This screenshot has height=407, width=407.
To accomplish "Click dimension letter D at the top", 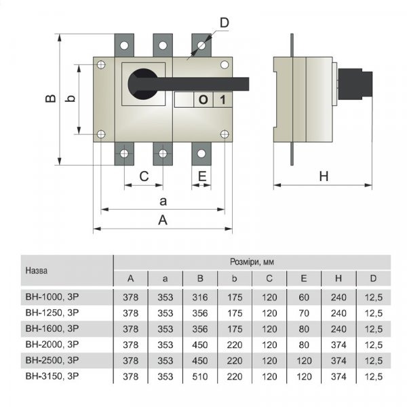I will click(225, 22).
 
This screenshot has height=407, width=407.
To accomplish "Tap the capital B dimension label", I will click(50, 99).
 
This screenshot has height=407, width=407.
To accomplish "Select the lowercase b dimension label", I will click(69, 99).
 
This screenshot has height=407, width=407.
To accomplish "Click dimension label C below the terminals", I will click(144, 176).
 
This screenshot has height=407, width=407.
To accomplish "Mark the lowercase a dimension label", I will click(163, 201).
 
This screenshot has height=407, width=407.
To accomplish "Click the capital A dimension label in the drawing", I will click(163, 220).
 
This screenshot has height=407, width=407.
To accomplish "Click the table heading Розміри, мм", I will click(252, 261).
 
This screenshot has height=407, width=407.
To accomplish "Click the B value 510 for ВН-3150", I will click(200, 376).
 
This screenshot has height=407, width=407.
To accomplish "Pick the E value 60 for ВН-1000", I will click(304, 296).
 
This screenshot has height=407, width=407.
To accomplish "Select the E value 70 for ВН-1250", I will click(304, 313).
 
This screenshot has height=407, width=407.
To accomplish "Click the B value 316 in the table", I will click(200, 296).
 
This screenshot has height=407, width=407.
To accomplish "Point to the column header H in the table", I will click(338, 278).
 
